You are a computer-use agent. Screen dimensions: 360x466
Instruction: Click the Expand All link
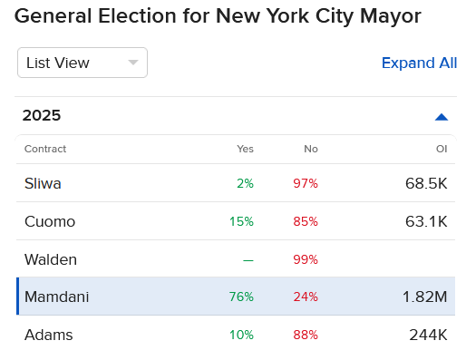click(x=419, y=63)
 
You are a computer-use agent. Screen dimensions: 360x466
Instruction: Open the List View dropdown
click(x=82, y=63)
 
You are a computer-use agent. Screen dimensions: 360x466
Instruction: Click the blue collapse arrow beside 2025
click(x=442, y=116)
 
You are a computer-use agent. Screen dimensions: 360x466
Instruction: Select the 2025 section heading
click(x=42, y=116)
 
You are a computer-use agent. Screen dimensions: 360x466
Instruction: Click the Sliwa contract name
click(x=43, y=183)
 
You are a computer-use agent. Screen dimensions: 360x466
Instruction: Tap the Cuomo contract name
click(x=50, y=221)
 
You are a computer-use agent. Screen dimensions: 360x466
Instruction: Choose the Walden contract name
click(x=51, y=259)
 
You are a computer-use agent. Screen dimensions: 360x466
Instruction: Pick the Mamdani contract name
click(x=56, y=297)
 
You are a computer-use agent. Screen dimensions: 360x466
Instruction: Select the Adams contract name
click(x=49, y=335)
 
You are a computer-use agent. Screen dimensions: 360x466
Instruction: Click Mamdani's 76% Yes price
click(x=242, y=297)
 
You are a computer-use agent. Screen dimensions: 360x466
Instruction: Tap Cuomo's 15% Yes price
click(x=242, y=221)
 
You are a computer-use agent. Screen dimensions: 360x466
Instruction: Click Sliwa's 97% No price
click(x=306, y=183)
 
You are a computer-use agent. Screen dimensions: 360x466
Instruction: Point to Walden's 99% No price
click(x=306, y=259)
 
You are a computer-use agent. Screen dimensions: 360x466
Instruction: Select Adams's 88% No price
click(x=306, y=335)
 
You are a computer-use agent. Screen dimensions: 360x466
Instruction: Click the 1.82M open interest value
click(x=425, y=297)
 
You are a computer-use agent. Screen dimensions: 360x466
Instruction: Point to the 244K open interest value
click(x=428, y=335)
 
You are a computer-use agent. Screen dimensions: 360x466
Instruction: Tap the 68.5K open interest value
click(x=426, y=183)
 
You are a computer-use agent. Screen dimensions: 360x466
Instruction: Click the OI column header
click(x=442, y=149)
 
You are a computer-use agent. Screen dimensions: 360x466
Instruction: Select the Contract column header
click(x=45, y=149)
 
